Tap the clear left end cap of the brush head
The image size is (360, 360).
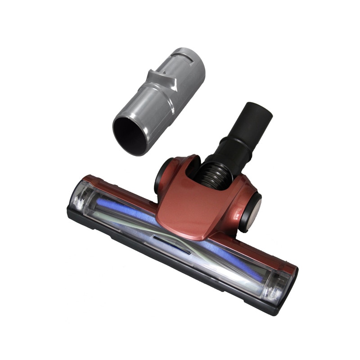[81, 198]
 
